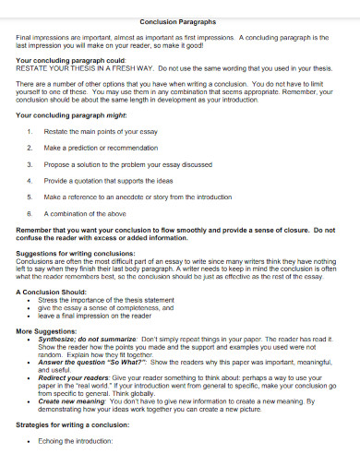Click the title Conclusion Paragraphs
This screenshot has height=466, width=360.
click(x=179, y=20)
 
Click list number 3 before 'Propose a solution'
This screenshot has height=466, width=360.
click(x=30, y=163)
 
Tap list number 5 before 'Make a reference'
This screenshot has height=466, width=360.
click(x=30, y=197)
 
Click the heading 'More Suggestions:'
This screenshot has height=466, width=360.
click(x=44, y=329)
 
